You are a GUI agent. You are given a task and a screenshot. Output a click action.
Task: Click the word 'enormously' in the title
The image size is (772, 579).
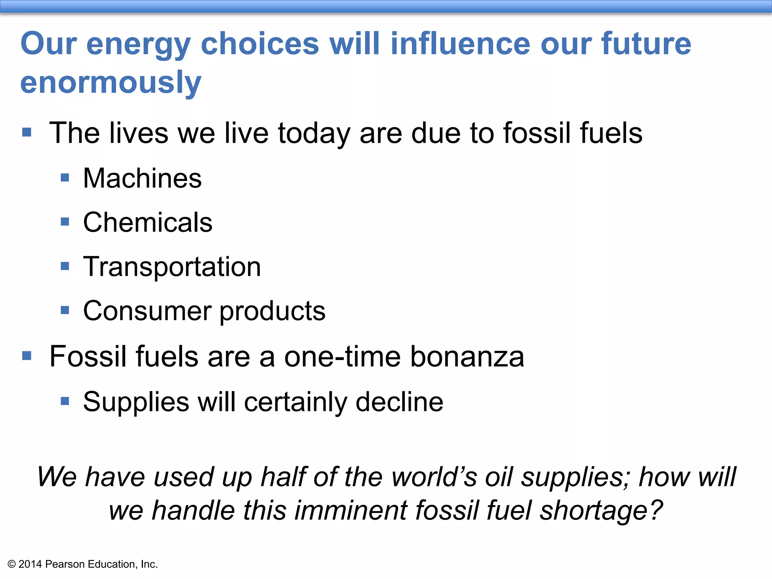pos(111,83)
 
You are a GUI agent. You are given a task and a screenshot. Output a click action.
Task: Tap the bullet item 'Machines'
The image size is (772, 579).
pos(142,178)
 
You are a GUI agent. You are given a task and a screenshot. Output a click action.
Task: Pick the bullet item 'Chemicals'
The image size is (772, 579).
pos(147,222)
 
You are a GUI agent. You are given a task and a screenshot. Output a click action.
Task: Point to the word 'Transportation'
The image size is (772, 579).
pos(172,267)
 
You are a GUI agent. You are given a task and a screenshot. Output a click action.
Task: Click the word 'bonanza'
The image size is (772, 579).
pos(467,357)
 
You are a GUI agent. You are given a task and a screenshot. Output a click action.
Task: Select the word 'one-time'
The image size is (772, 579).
pos(342,357)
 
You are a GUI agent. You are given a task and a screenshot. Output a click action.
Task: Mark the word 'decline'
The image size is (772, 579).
pos(399,402)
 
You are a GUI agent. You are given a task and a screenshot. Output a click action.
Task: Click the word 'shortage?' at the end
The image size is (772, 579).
pos(601,510)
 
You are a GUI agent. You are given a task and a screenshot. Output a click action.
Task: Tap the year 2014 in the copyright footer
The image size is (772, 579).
pos(30,564)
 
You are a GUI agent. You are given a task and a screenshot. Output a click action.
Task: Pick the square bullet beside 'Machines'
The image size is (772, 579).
pos(65,178)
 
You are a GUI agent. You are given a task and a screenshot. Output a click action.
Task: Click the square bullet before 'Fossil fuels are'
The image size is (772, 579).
pos(27,355)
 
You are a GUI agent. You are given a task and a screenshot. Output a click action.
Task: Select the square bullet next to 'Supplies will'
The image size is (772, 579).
pos(65,401)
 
